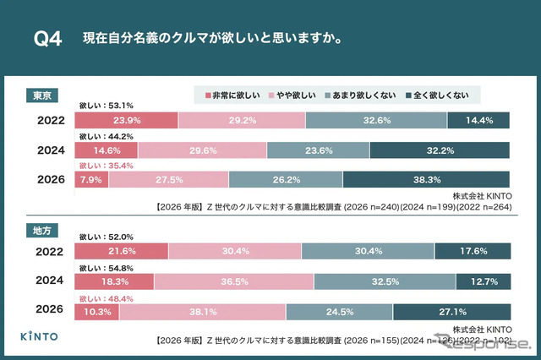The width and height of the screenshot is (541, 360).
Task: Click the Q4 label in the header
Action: click(47, 39)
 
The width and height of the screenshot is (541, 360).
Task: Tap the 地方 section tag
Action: click(40, 229)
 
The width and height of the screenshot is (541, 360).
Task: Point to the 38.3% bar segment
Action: click(426, 179)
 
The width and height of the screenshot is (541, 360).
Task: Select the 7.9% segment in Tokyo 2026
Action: click(93, 179)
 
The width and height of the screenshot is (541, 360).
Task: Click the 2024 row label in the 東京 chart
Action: click(52, 150)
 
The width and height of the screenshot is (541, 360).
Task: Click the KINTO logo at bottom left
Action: click(41, 335)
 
